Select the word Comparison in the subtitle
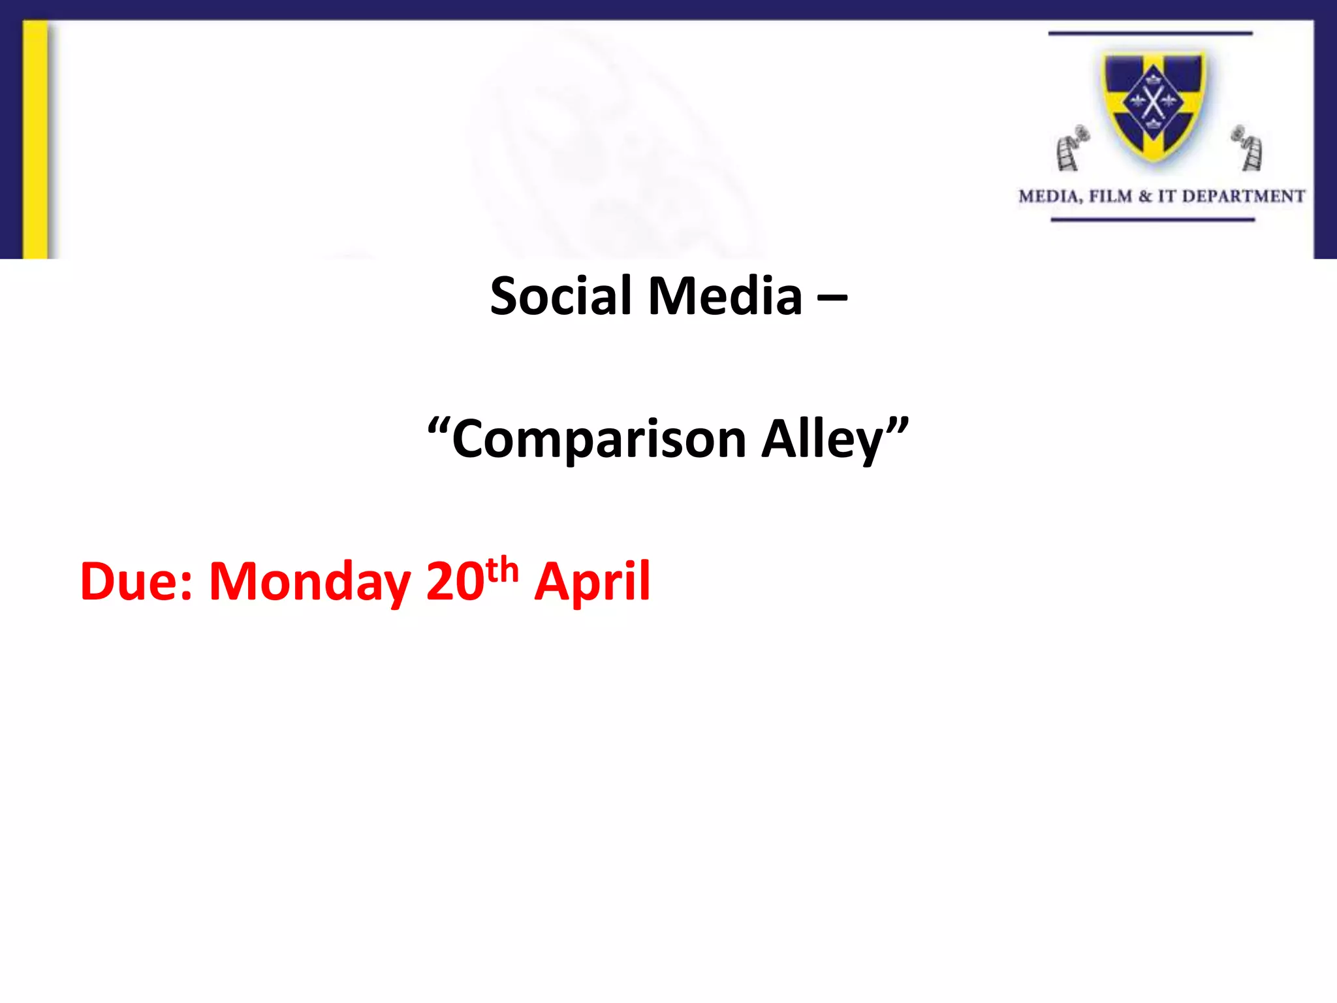pos(599,439)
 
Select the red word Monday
pos(309,581)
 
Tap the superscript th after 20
pos(502,569)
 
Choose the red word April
pos(592,581)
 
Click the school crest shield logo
pos(1154,104)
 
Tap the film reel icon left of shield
pos(1071,149)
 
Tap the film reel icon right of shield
pos(1248,149)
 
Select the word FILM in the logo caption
pos(1110,196)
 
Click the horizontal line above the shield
pos(1150,33)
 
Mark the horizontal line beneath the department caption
pos(1152,220)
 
